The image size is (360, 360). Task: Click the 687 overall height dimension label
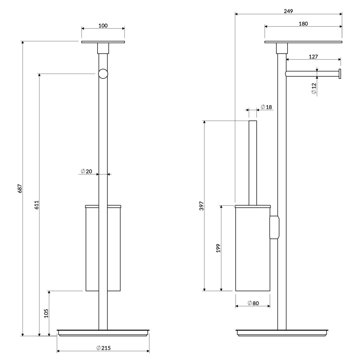coord(20,188)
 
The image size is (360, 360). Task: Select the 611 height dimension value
coord(37,205)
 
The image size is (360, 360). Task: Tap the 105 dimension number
coord(46,313)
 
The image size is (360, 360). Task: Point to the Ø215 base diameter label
coord(104,348)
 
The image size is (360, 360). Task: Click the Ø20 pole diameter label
coord(87,171)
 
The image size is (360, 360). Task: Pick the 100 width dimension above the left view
coord(103,25)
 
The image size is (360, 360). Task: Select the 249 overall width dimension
coord(288,11)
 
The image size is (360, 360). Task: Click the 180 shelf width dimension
coord(303,24)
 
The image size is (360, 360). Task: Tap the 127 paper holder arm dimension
coord(313,56)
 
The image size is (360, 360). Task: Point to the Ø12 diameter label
coord(314,88)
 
